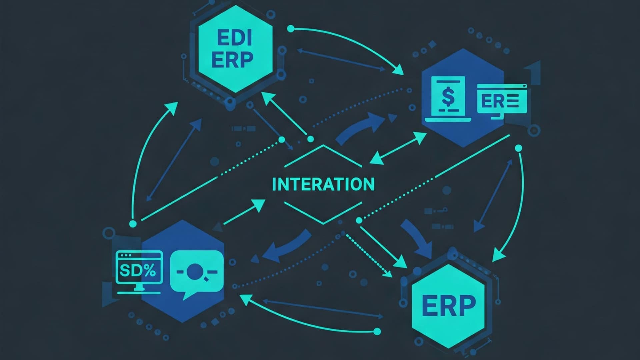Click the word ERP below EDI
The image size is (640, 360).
(x=232, y=60)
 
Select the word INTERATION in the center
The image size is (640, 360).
(x=323, y=184)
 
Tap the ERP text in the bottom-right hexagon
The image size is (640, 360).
(x=449, y=305)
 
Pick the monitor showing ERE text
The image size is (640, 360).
(x=502, y=99)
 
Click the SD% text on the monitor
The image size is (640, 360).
(x=137, y=271)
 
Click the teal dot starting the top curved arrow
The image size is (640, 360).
(x=291, y=29)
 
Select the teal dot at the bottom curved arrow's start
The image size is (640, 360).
(x=377, y=331)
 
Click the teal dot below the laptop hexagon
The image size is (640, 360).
(x=518, y=148)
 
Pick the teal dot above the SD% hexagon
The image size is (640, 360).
(x=133, y=223)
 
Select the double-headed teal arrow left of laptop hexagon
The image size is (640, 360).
(x=398, y=147)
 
